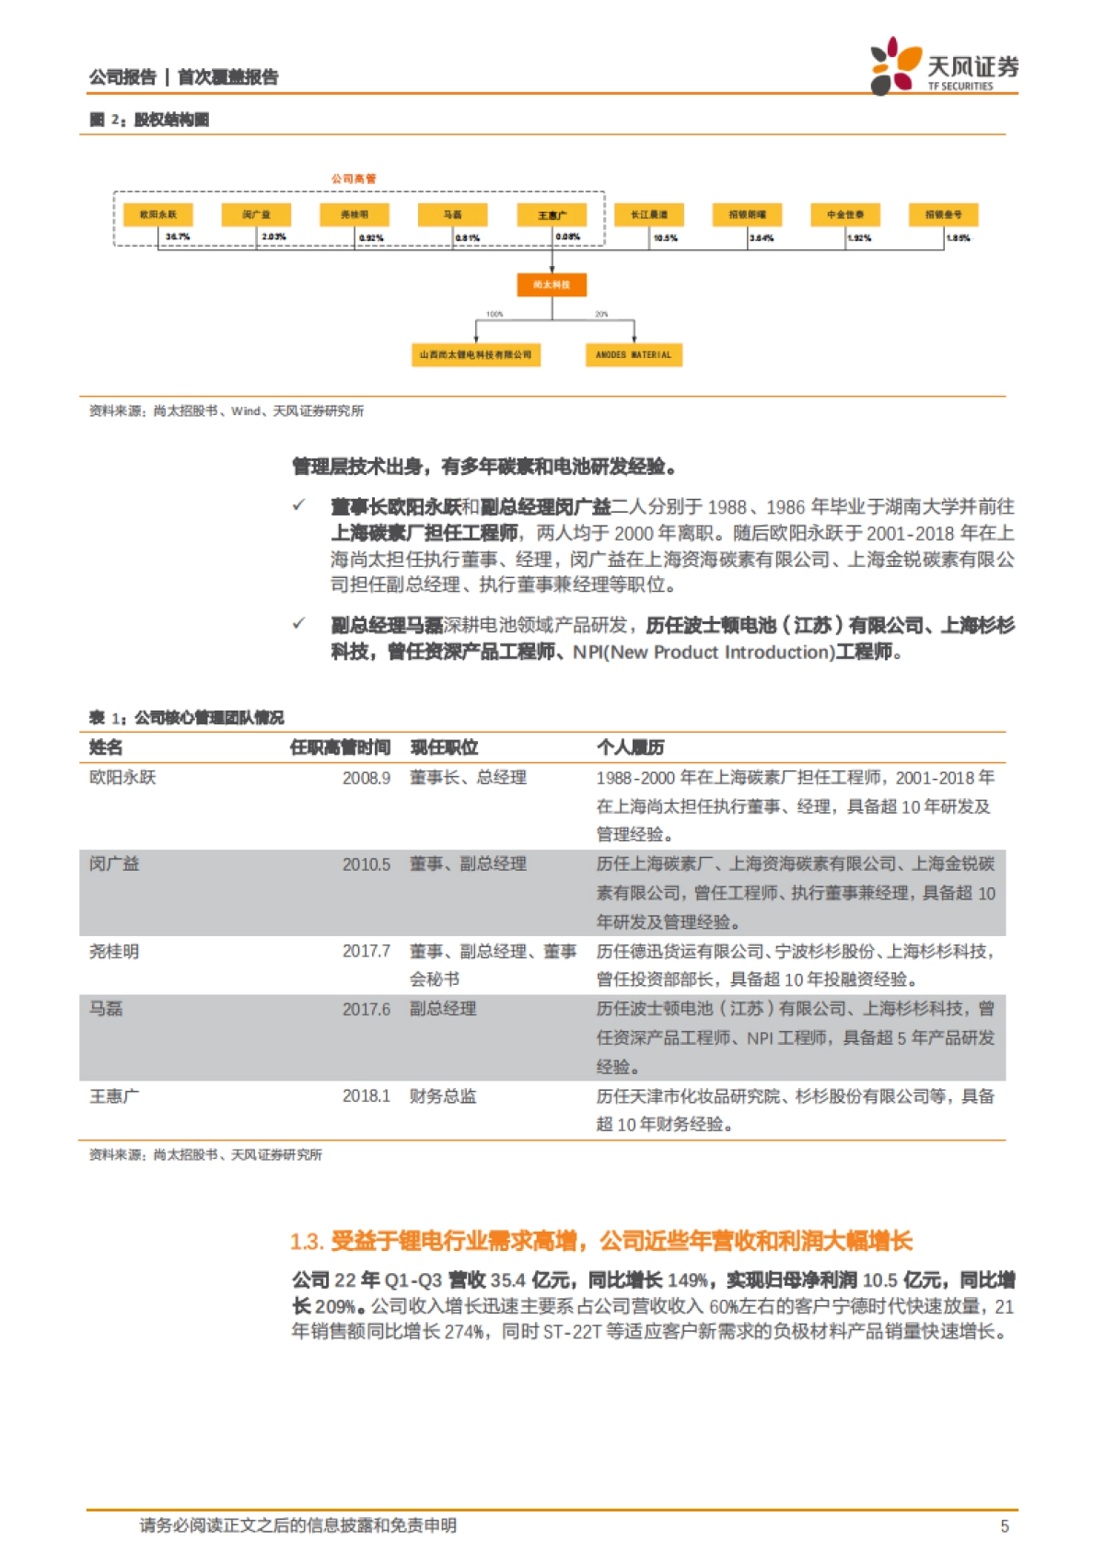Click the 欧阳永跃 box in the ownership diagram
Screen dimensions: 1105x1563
pyautogui.click(x=158, y=214)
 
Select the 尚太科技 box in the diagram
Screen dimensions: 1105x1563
pyautogui.click(x=552, y=284)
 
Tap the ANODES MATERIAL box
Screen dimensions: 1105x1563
pyautogui.click(x=634, y=354)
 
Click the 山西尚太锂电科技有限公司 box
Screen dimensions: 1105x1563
pyautogui.click(x=475, y=354)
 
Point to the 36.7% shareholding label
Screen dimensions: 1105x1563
pyautogui.click(x=178, y=237)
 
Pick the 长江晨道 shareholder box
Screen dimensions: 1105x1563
pyautogui.click(x=649, y=214)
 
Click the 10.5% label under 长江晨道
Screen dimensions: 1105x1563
pyautogui.click(x=665, y=238)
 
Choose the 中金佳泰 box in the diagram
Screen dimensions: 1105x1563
pyautogui.click(x=845, y=214)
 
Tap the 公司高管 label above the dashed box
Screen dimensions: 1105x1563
pyautogui.click(x=354, y=179)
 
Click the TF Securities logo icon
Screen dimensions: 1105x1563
pyautogui.click(x=895, y=64)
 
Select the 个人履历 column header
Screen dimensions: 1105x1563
pyautogui.click(x=631, y=747)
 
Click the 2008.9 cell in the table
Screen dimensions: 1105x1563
pyautogui.click(x=366, y=778)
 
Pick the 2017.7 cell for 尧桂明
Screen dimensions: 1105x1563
pyautogui.click(x=366, y=951)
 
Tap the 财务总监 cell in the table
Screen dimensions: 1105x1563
pyautogui.click(x=443, y=1096)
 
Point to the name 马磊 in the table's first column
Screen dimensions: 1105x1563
pyautogui.click(x=106, y=1009)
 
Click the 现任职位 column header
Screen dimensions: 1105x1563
pyautogui.click(x=444, y=747)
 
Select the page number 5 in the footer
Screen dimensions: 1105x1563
pyautogui.click(x=1005, y=1526)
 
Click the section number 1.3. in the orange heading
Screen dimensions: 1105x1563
pyautogui.click(x=307, y=1242)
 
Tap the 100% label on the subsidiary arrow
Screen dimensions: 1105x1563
pyautogui.click(x=494, y=315)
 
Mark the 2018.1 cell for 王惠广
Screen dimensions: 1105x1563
pyautogui.click(x=366, y=1096)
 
